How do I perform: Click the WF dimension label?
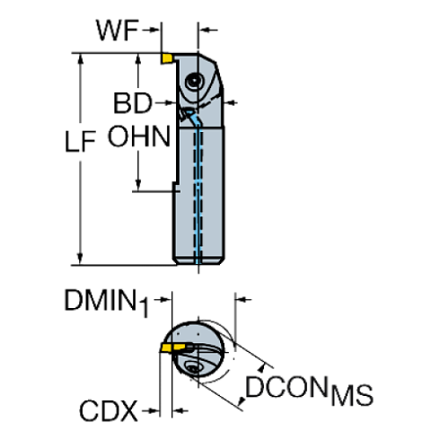(x=117, y=31)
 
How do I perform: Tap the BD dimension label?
(x=133, y=103)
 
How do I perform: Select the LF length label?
(x=81, y=142)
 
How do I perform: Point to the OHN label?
(x=139, y=136)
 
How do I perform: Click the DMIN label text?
(x=101, y=300)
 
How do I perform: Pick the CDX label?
(x=109, y=411)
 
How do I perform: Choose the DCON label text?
(x=286, y=387)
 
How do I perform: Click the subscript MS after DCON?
(x=352, y=396)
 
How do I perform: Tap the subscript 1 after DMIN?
(x=144, y=308)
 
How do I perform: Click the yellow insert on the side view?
(x=166, y=58)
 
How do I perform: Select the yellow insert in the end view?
(x=172, y=348)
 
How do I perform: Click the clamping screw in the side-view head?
(x=193, y=82)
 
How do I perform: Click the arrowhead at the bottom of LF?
(x=80, y=259)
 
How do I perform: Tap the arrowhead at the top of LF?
(x=80, y=60)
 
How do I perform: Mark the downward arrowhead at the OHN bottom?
(x=138, y=185)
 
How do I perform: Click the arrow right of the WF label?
(x=151, y=30)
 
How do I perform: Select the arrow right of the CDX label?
(x=151, y=410)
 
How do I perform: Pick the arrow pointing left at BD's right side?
(x=231, y=103)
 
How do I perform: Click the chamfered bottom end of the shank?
(x=198, y=260)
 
